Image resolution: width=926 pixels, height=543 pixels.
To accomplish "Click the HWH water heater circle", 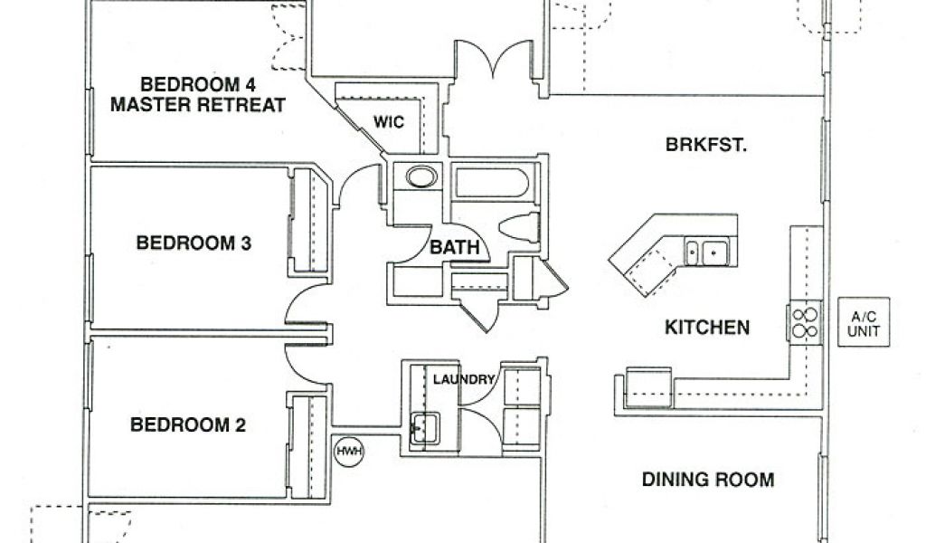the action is pyautogui.click(x=349, y=452).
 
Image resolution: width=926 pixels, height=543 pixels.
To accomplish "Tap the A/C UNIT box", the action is pyautogui.click(x=864, y=322).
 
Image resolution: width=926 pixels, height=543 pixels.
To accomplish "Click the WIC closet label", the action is pyautogui.click(x=389, y=122).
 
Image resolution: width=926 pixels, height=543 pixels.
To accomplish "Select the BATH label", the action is pyautogui.click(x=455, y=247).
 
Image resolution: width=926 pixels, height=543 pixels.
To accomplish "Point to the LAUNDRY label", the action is pyautogui.click(x=464, y=379).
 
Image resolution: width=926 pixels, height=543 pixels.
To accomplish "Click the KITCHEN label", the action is pyautogui.click(x=707, y=328).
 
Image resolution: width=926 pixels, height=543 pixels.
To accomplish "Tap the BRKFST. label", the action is pyautogui.click(x=706, y=145).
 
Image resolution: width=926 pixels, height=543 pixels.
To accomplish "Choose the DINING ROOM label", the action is pyautogui.click(x=708, y=479).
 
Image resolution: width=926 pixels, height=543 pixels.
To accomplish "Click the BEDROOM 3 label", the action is pyautogui.click(x=194, y=243).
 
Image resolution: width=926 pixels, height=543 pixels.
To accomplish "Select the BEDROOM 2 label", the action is pyautogui.click(x=188, y=424).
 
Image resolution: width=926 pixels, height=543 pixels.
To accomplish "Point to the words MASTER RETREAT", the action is pyautogui.click(x=198, y=105).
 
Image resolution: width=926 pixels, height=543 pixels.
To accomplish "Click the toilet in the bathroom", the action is pyautogui.click(x=519, y=227).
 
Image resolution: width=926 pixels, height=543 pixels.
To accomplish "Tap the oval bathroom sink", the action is pyautogui.click(x=421, y=176).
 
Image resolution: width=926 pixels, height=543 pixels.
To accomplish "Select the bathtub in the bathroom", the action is pyautogui.click(x=493, y=183).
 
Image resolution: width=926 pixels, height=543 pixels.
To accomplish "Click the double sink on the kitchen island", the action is pyautogui.click(x=707, y=252).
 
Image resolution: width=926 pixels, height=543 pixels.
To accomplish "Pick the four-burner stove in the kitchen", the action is pyautogui.click(x=804, y=322).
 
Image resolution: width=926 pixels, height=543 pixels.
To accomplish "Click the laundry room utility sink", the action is pyautogui.click(x=425, y=428).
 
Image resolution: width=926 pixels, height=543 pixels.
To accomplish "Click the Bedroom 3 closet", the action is pyautogui.click(x=310, y=221).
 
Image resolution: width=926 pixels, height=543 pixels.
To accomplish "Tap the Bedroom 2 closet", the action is pyautogui.click(x=307, y=447).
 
